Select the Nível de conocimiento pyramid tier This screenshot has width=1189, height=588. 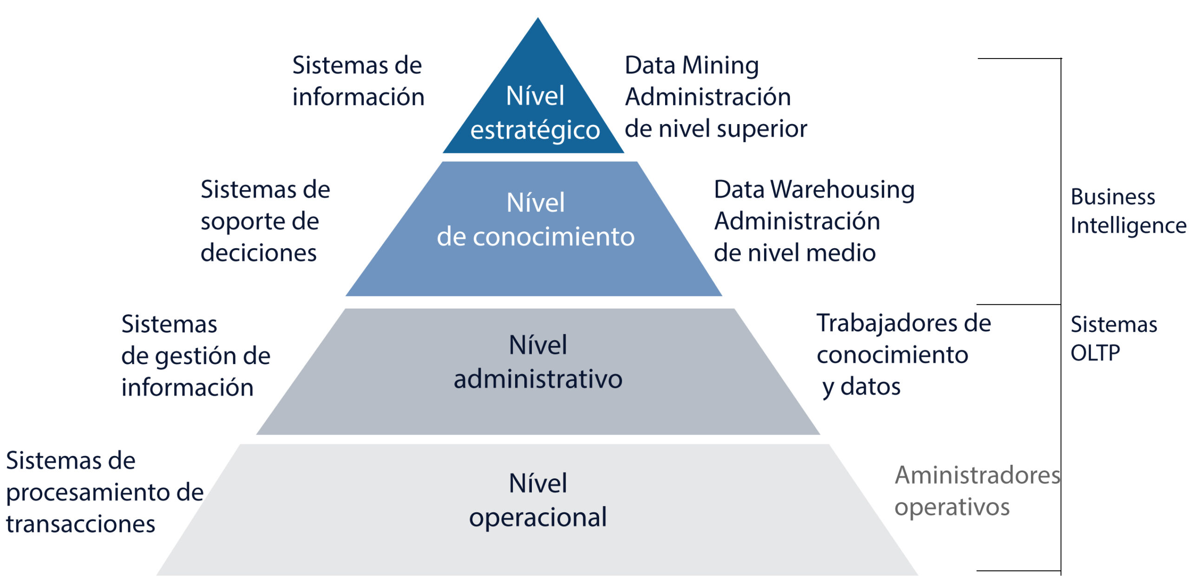click(x=534, y=229)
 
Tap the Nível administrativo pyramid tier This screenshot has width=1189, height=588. click(x=538, y=371)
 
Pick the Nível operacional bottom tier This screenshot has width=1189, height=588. click(x=537, y=510)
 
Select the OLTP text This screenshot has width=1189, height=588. click(x=1095, y=353)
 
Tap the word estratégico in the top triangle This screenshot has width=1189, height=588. click(x=535, y=130)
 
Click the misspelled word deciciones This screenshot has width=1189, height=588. click(x=258, y=253)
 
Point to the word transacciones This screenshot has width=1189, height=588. click(x=80, y=524)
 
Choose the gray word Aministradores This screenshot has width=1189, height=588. click(x=978, y=475)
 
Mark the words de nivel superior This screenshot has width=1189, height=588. click(x=716, y=129)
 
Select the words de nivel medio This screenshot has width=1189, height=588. click(x=795, y=253)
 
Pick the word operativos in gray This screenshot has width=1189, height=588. click(x=952, y=508)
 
